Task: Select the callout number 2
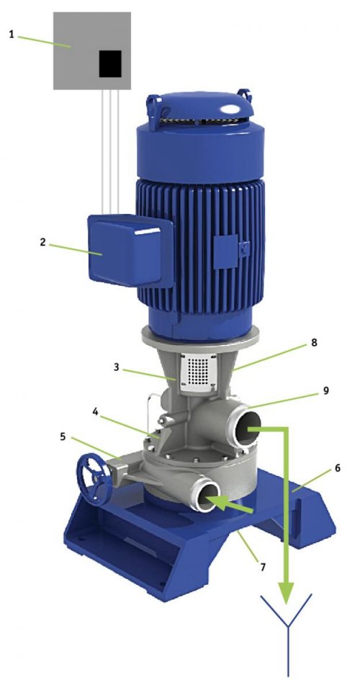[x=42, y=241]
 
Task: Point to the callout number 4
[x=95, y=412]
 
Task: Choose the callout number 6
[x=338, y=467]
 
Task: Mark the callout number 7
[x=263, y=568]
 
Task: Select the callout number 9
[x=326, y=390]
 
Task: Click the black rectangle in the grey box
[x=110, y=64]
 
